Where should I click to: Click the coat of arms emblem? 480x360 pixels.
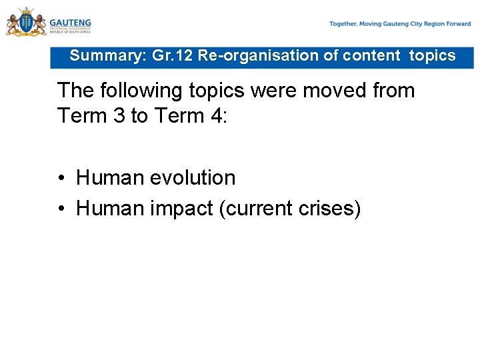coord(26,22)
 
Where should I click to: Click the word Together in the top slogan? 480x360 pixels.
coord(343,24)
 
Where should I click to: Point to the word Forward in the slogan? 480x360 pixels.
coord(459,24)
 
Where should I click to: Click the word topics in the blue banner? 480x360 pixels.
coord(432,56)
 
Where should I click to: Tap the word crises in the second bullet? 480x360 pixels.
coord(331,209)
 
